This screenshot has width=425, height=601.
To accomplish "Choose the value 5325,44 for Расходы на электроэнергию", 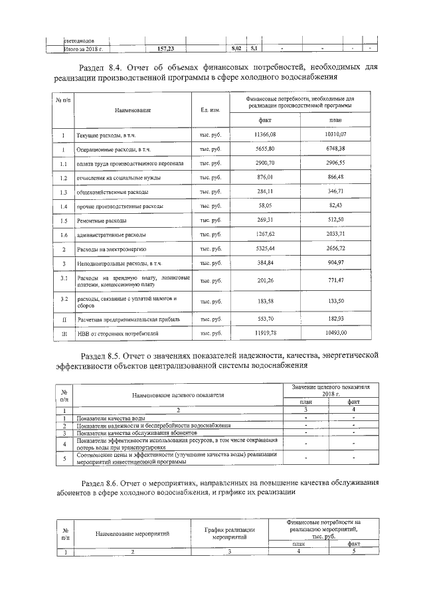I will pos(264,249).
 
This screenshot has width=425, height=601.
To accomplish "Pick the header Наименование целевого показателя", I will pos(177,395).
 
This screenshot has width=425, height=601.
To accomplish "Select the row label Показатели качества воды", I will pos(111,418).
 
